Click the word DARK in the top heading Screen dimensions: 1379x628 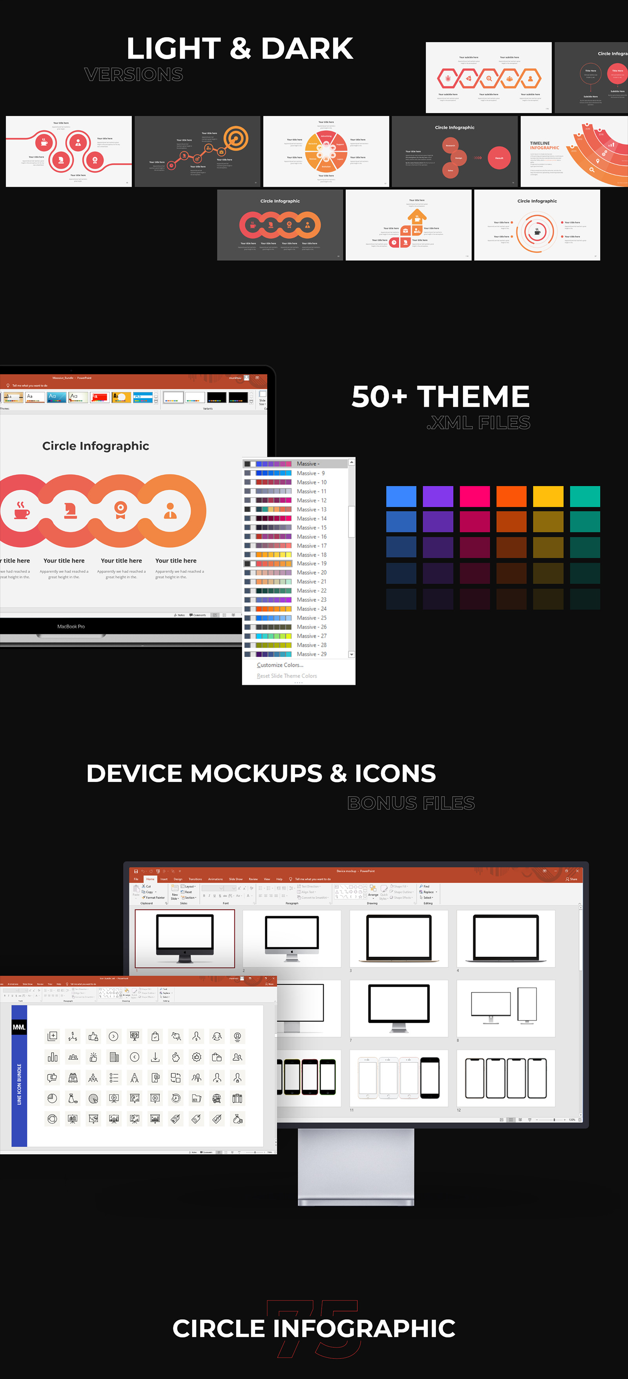tap(307, 49)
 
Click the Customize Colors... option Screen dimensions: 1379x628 tap(280, 665)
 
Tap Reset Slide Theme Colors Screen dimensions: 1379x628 tap(287, 676)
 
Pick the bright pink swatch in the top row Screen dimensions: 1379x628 tap(475, 496)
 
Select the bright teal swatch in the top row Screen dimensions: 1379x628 tap(585, 496)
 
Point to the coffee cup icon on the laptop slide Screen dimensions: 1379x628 tap(22, 511)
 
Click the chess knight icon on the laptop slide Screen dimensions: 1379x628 tap(70, 511)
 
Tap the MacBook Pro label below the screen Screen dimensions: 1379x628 tap(71, 626)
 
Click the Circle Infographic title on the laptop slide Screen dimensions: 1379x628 tap(96, 446)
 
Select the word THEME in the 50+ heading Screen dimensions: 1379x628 tap(473, 397)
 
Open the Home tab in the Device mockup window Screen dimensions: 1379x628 tap(150, 879)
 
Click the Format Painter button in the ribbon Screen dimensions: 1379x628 tap(155, 898)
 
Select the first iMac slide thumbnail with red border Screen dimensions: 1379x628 tap(185, 938)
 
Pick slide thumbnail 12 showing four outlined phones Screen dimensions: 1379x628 tap(506, 1078)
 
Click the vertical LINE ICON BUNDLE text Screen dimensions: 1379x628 tap(19, 1084)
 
